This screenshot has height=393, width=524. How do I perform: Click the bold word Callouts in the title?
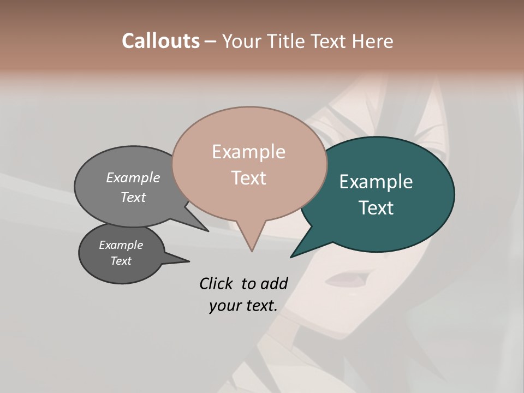[160, 41]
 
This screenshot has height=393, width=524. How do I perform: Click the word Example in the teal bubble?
[376, 182]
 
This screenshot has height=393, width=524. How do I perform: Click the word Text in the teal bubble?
[376, 208]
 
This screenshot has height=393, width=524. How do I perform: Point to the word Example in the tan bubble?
[248, 152]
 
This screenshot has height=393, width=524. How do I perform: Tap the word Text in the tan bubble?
[249, 178]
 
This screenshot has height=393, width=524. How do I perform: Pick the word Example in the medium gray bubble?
[133, 177]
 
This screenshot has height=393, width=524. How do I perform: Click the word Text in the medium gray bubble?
[133, 197]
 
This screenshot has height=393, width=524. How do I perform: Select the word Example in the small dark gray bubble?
[121, 245]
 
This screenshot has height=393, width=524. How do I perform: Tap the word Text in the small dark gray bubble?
[121, 261]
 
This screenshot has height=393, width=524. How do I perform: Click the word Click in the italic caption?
[216, 283]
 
